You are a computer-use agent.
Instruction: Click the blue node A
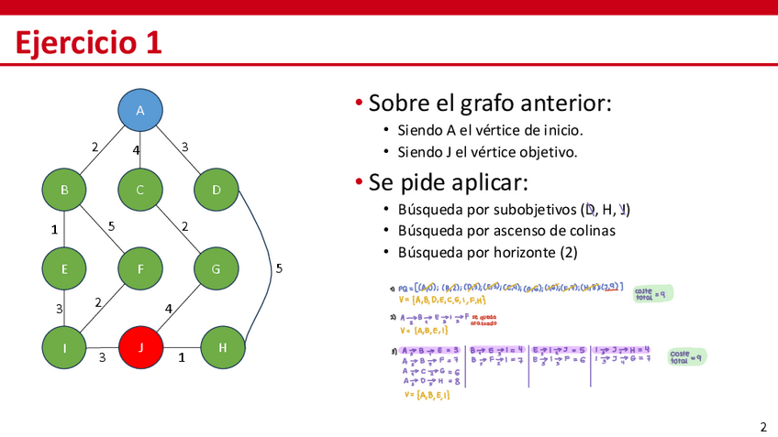tap(140, 111)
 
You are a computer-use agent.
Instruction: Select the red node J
tap(140, 347)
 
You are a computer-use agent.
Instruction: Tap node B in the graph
tap(64, 190)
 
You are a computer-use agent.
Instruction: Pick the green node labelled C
tap(140, 190)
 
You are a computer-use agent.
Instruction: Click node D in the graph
tap(217, 190)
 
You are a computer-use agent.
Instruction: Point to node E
tap(64, 268)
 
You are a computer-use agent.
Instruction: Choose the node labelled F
tap(140, 268)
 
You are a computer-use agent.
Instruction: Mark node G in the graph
tap(217, 268)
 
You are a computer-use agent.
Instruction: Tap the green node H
tap(223, 347)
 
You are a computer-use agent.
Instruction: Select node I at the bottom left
tap(64, 347)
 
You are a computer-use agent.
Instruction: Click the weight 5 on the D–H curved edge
tap(279, 268)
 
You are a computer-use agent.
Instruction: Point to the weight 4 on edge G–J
tap(168, 309)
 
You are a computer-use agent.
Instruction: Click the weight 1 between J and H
tap(182, 358)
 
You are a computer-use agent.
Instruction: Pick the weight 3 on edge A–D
tap(184, 147)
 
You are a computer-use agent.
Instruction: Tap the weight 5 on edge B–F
tap(111, 225)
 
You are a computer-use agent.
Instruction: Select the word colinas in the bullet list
tap(591, 231)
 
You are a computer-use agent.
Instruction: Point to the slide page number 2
tap(762, 426)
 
